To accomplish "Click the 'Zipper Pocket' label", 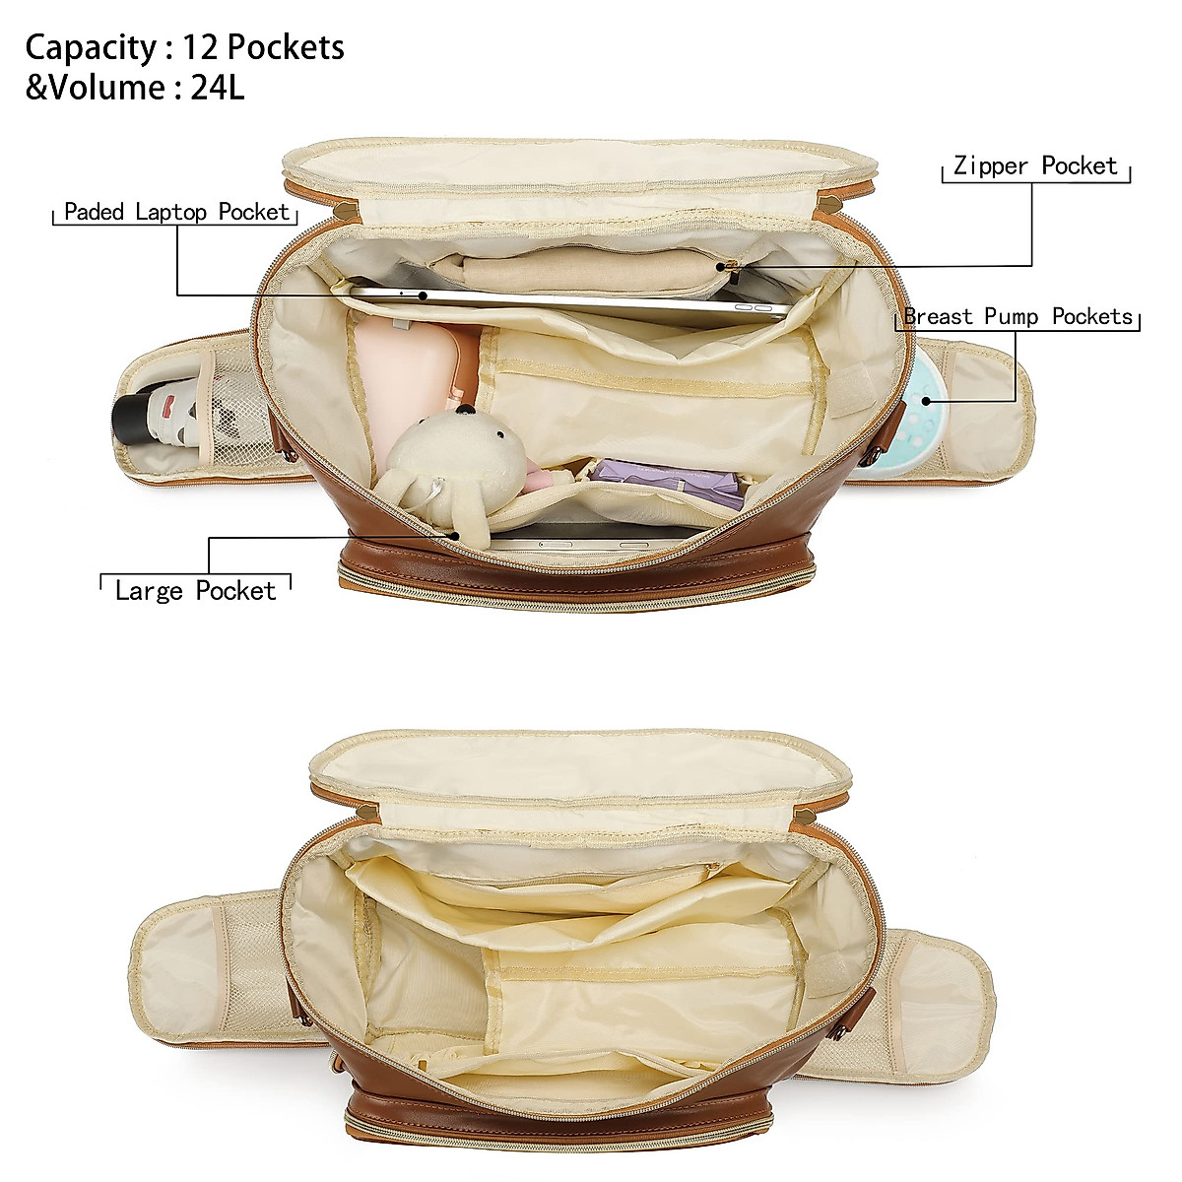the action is point(1035,166).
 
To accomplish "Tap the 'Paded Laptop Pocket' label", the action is point(177,212).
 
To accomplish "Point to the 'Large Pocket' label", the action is point(195,590).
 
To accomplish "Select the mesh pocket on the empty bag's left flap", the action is point(246,946).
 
